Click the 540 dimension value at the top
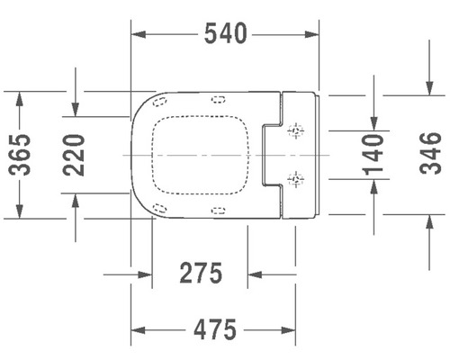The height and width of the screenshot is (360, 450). pos(224,34)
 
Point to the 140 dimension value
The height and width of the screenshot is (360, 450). pos(373,154)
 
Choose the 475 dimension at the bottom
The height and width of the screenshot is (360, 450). pos(215,330)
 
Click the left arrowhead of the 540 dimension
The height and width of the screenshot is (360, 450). pos(138,34)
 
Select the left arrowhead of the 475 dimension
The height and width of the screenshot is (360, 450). pos(138,330)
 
